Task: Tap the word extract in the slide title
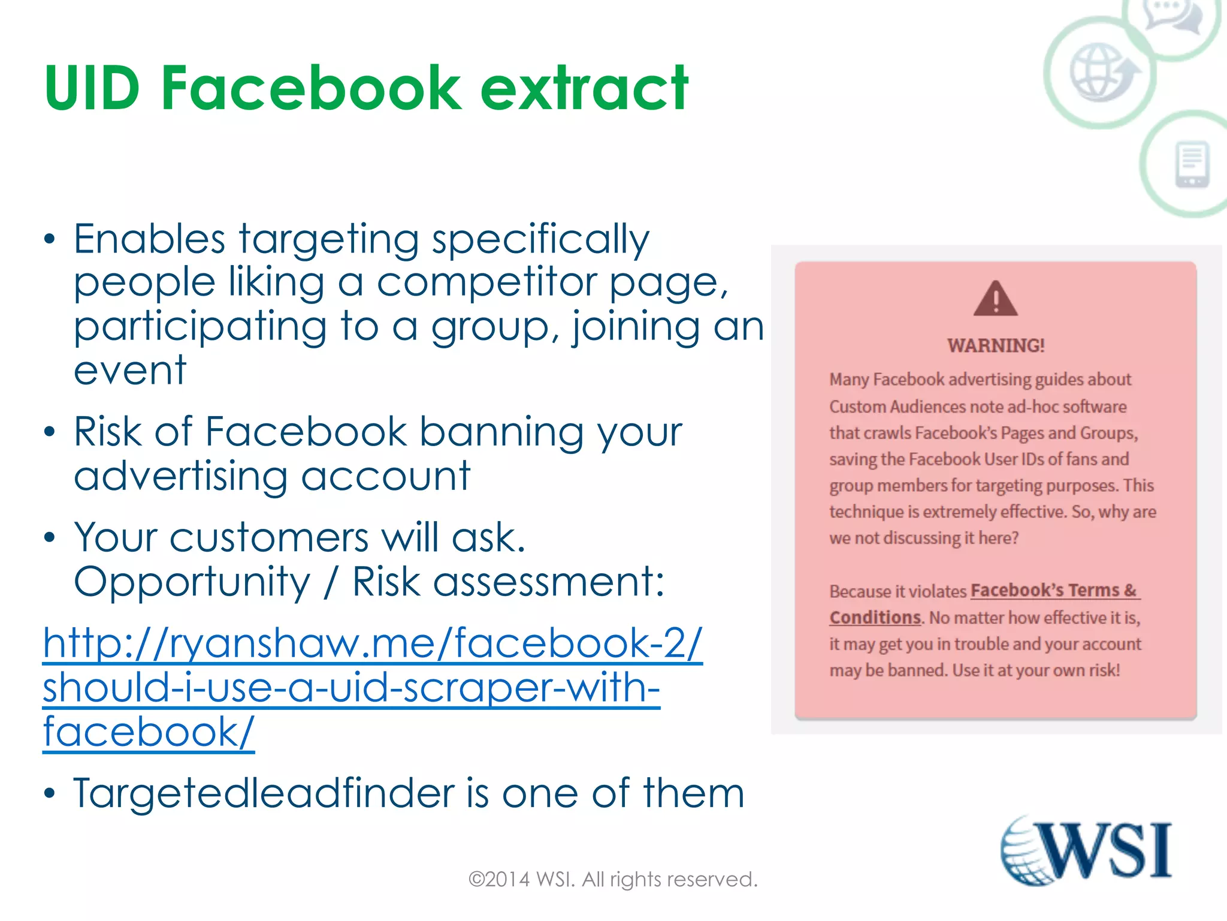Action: pyautogui.click(x=584, y=89)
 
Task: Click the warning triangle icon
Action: pyautogui.click(x=995, y=299)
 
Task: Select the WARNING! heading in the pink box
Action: pyautogui.click(x=996, y=345)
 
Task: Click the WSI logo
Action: pyautogui.click(x=1086, y=851)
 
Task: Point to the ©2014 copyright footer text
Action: pyautogui.click(x=613, y=879)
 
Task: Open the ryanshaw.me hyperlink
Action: pyautogui.click(x=372, y=687)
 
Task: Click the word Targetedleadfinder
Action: pyautogui.click(x=264, y=793)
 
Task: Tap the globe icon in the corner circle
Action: pyautogui.click(x=1101, y=72)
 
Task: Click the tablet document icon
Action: pyautogui.click(x=1192, y=164)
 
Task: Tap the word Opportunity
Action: pyautogui.click(x=192, y=582)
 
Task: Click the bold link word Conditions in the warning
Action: pyautogui.click(x=875, y=618)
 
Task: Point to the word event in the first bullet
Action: pyautogui.click(x=130, y=370)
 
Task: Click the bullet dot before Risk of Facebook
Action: pyautogui.click(x=50, y=432)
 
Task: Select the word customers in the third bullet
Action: pyautogui.click(x=268, y=537)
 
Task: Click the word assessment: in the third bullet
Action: pyautogui.click(x=548, y=582)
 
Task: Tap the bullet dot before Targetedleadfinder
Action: pyautogui.click(x=50, y=793)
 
